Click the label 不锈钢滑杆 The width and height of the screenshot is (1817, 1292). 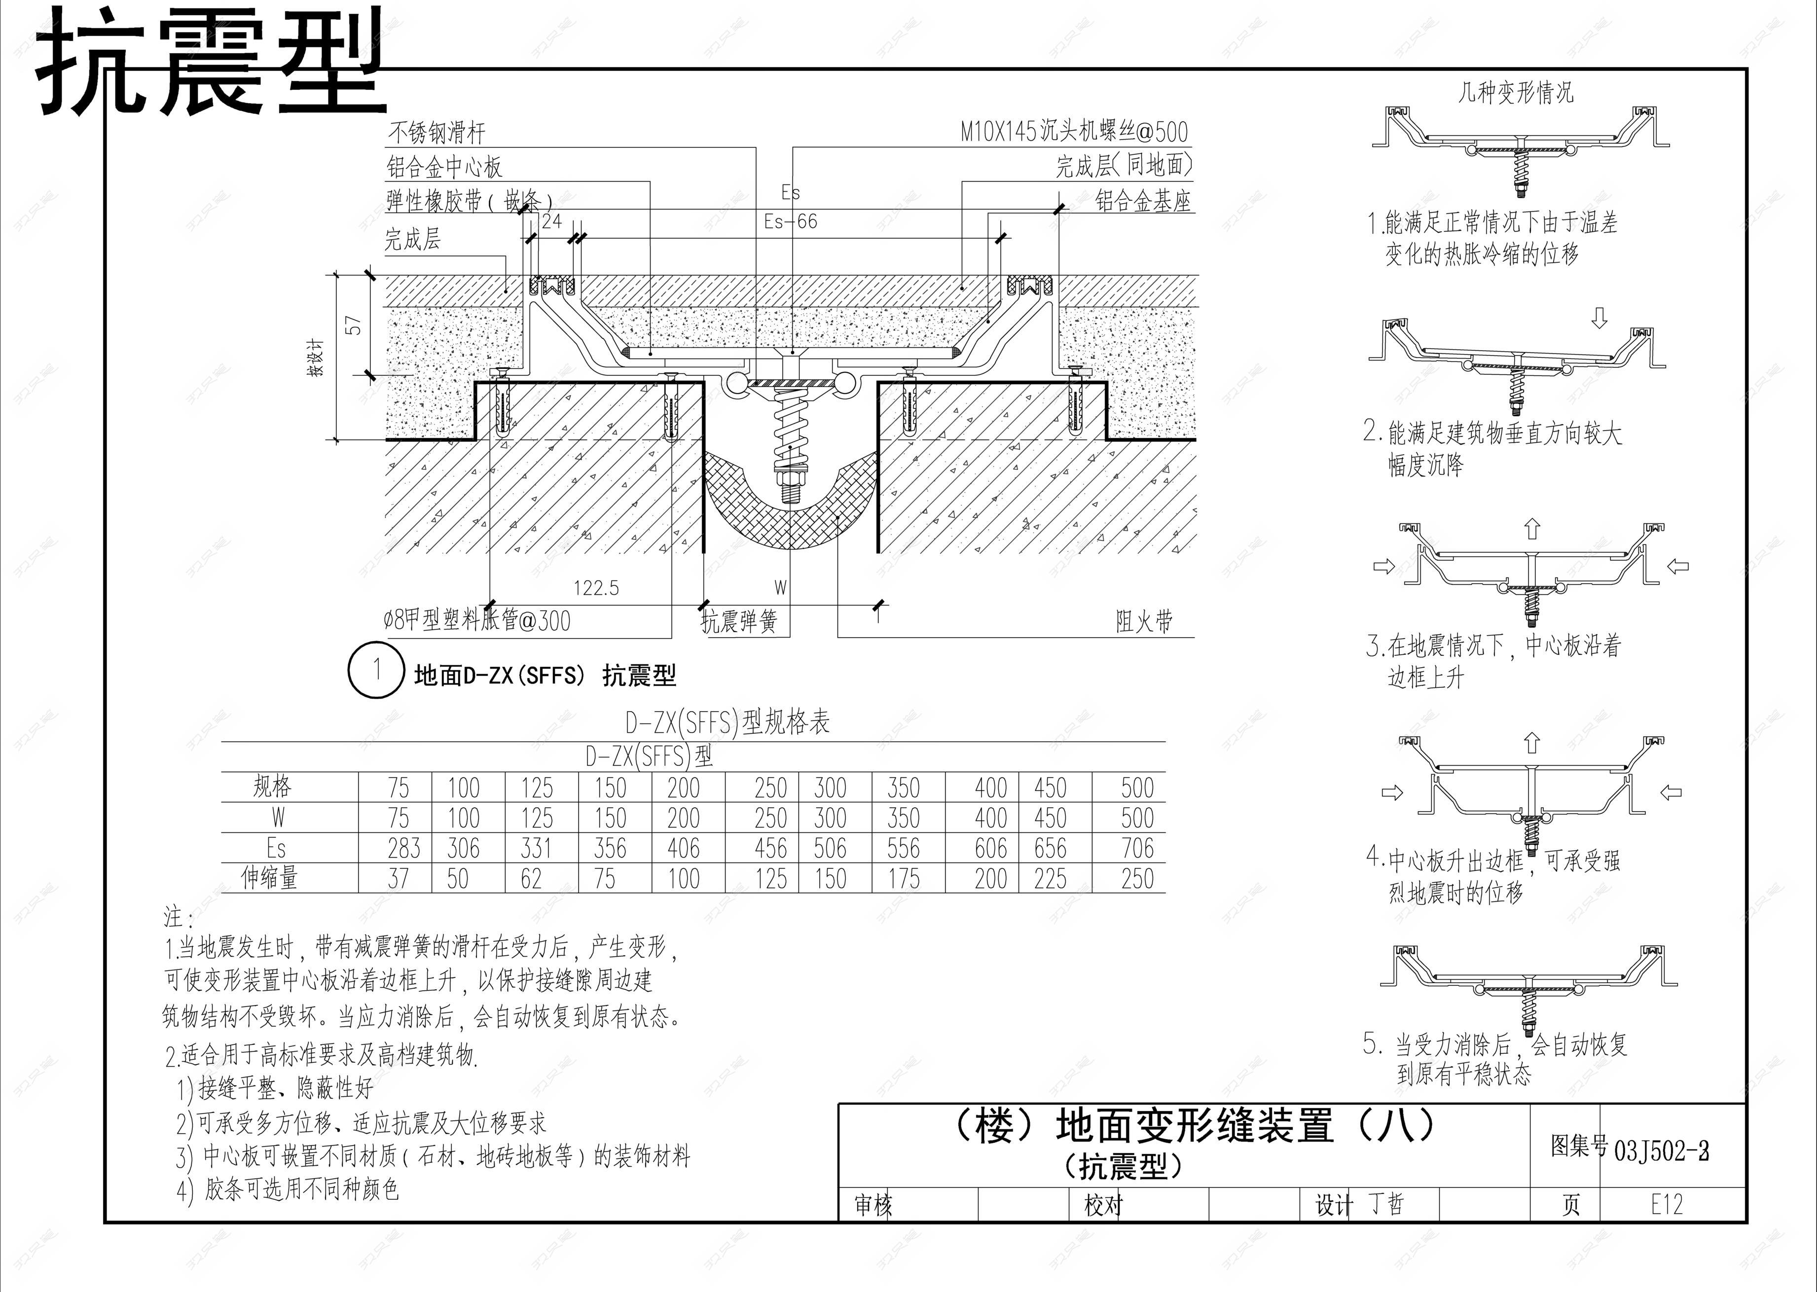(x=436, y=132)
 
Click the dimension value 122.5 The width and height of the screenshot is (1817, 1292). (x=596, y=588)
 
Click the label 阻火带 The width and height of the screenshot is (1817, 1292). (x=1143, y=621)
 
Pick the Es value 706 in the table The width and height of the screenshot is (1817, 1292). (x=1137, y=848)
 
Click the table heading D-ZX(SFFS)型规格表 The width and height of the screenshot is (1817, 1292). (x=727, y=722)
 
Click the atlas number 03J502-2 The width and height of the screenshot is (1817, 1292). (x=1661, y=1150)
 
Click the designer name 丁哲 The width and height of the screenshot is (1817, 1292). (x=1386, y=1204)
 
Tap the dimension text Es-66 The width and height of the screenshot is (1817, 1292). (x=790, y=221)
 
